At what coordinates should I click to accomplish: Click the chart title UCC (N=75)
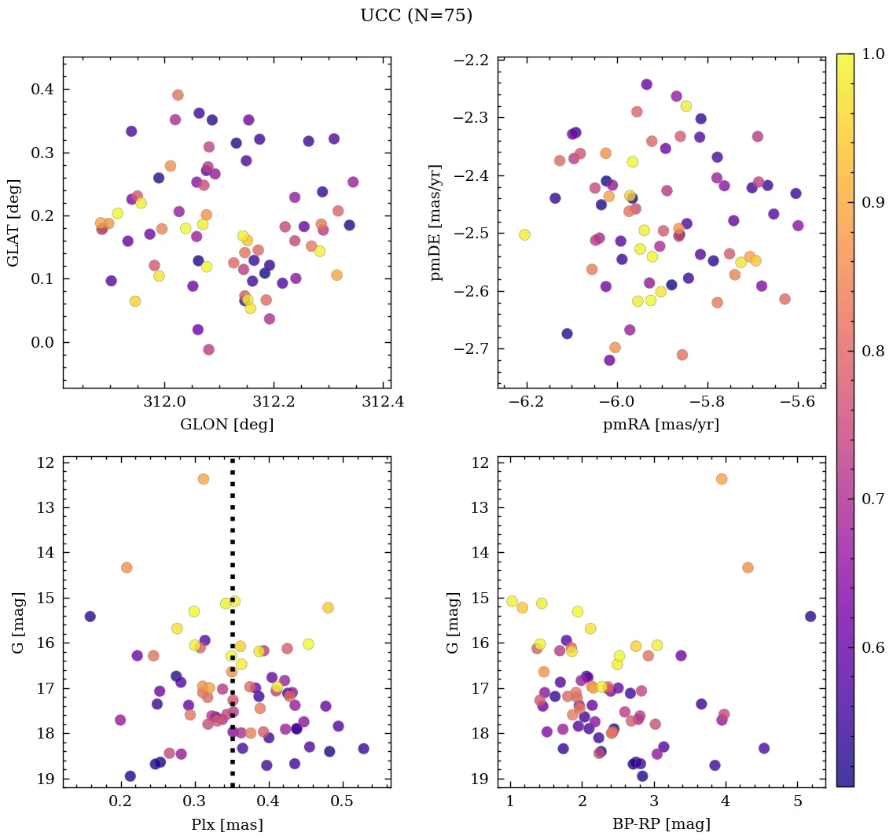click(x=416, y=16)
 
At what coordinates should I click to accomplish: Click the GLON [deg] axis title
click(x=226, y=425)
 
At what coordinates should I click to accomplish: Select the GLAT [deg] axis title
click(x=15, y=223)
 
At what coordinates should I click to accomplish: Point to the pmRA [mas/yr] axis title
click(x=660, y=425)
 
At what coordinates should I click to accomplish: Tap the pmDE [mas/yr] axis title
click(x=437, y=223)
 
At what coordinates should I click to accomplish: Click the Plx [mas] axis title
click(x=226, y=824)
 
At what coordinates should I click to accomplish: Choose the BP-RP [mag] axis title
click(x=660, y=824)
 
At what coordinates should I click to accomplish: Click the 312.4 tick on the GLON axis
click(x=384, y=403)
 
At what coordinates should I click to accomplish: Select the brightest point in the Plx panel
click(x=204, y=479)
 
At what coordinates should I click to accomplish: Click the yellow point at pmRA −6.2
click(x=524, y=234)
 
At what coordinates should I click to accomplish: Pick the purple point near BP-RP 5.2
click(x=810, y=617)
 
